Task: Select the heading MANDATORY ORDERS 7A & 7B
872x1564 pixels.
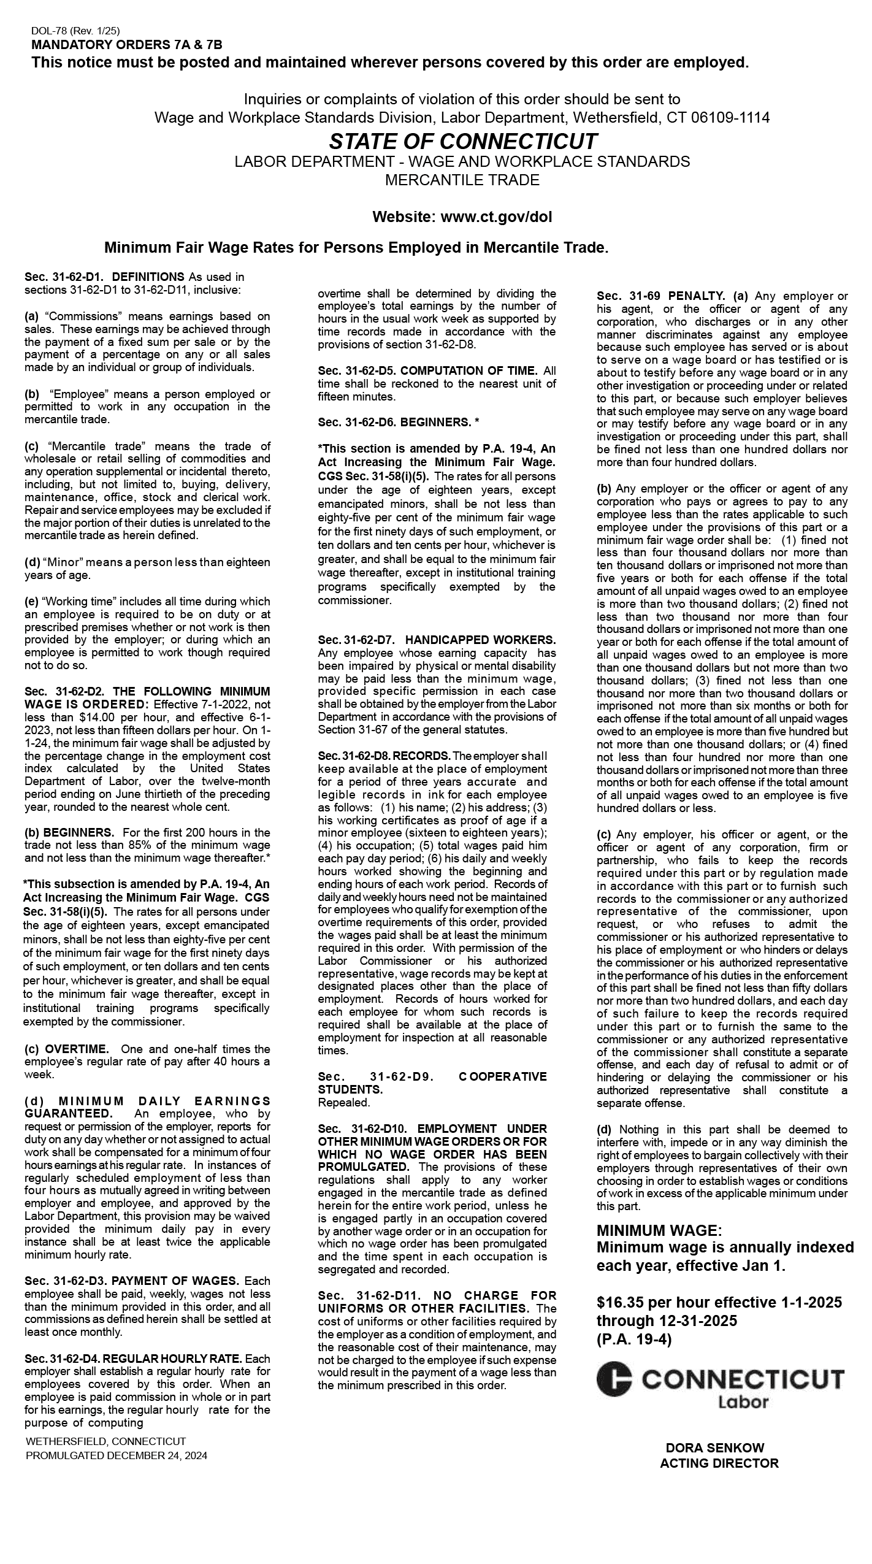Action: pos(126,45)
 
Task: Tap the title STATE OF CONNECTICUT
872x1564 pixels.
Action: pos(462,142)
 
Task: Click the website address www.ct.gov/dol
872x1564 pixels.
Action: pos(496,217)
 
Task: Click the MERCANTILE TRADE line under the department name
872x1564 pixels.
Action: pos(462,180)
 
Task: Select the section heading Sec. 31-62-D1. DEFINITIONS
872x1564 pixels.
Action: pos(104,277)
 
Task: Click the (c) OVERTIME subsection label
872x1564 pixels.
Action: pos(67,1049)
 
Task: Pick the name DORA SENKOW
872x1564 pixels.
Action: pos(715,1448)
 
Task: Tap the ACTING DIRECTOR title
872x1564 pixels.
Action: pos(719,1463)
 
